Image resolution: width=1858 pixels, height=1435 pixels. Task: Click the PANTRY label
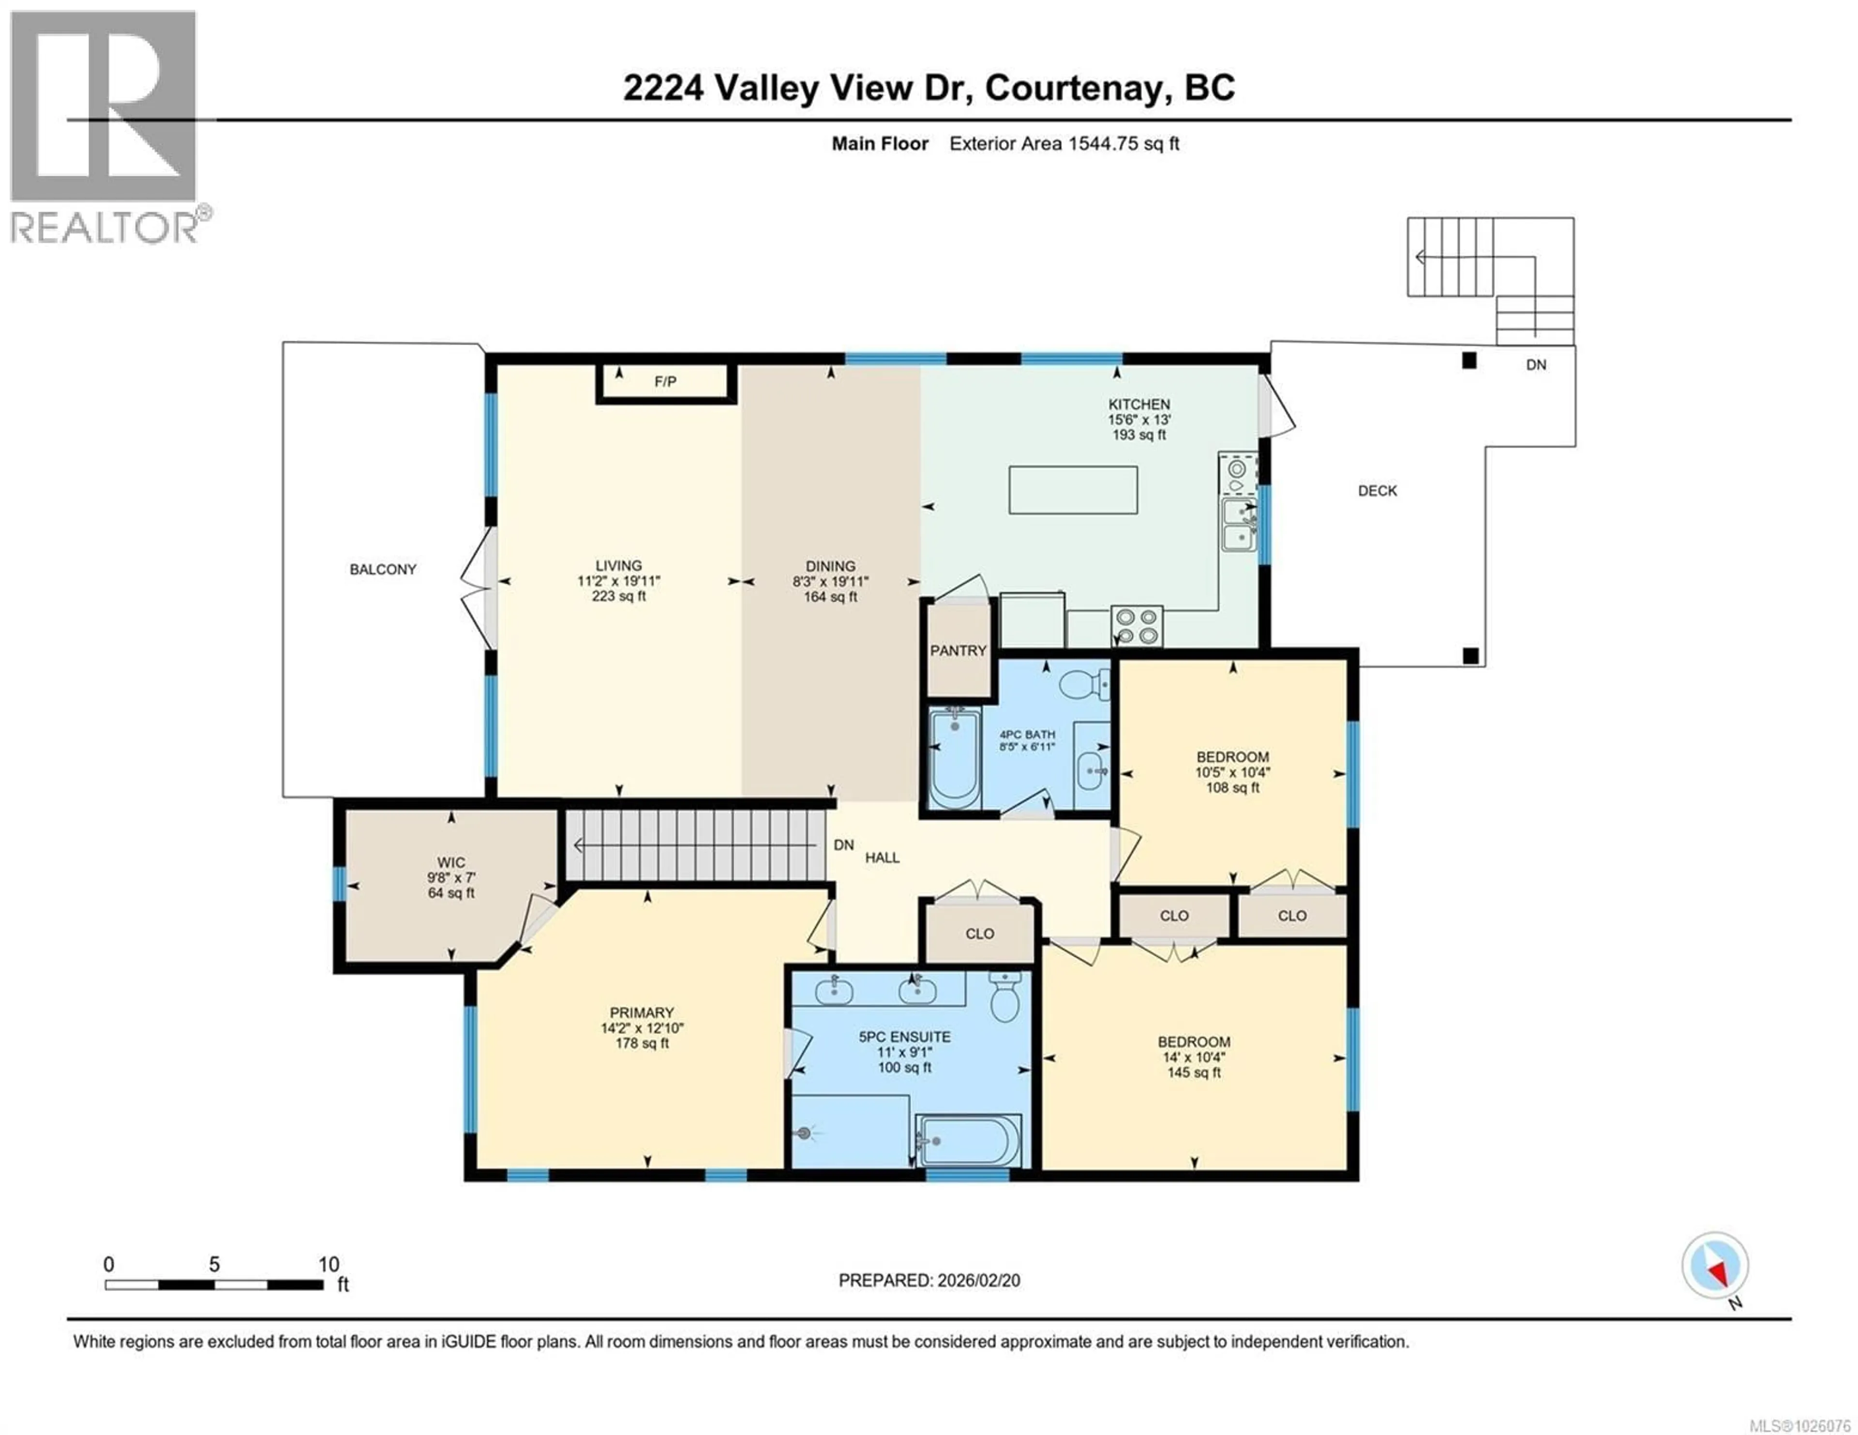958,651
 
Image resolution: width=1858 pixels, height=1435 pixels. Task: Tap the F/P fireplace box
665,382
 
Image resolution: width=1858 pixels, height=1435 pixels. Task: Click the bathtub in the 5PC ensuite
968,1142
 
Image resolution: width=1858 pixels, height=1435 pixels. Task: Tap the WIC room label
451,862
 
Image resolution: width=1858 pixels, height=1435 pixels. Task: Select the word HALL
882,858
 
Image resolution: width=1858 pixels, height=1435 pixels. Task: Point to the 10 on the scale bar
329,1265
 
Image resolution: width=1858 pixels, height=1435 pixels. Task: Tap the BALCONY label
383,569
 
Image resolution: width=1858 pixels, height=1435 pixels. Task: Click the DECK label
1378,491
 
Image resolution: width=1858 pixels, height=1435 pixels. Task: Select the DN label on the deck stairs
1536,365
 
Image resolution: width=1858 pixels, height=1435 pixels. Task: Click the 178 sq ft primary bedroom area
642,1043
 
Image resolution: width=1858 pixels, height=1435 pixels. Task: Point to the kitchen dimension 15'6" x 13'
1139,419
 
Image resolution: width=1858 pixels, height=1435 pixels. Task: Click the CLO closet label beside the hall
979,934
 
